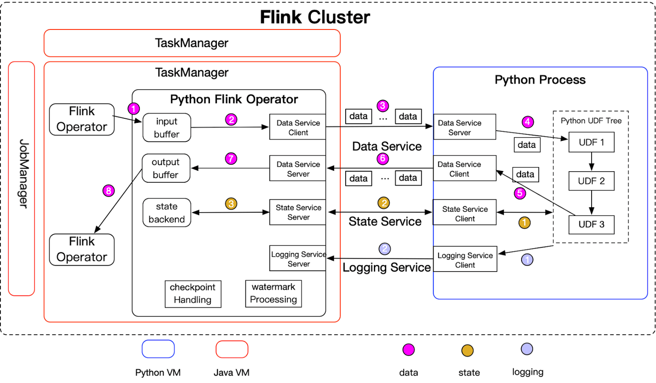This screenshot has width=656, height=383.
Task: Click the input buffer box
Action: point(167,128)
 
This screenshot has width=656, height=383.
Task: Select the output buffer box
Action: point(165,168)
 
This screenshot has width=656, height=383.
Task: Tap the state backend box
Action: point(167,213)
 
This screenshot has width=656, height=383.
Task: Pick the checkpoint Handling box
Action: point(192,294)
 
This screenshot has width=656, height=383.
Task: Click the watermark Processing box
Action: point(273,293)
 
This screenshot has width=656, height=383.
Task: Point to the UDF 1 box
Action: point(592,142)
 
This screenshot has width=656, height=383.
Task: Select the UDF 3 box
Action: point(592,225)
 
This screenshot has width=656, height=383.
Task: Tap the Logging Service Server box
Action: point(298,259)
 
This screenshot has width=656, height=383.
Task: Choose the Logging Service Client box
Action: point(465,260)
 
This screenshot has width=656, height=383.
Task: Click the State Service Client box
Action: point(465,214)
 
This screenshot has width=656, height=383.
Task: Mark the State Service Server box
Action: point(298,212)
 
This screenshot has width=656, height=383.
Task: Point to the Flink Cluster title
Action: point(315,17)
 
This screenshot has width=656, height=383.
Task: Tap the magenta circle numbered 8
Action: point(109,191)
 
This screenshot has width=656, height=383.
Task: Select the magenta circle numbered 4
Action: point(528,122)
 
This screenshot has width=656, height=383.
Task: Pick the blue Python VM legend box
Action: point(158,349)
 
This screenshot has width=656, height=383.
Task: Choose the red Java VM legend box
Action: point(232,349)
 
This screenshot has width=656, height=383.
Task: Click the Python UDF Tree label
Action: point(591,121)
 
